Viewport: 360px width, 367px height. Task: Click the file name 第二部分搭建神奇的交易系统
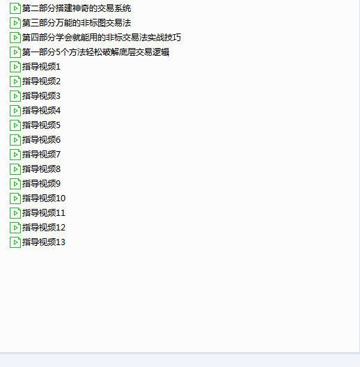tap(77, 8)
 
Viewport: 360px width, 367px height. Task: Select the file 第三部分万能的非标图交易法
tap(77, 23)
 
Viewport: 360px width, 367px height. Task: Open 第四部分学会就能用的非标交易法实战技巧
tap(102, 38)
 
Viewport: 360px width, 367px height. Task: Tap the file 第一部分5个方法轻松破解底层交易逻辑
tap(95, 52)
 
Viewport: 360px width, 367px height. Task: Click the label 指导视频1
tap(41, 67)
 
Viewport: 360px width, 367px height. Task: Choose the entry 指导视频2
tap(41, 81)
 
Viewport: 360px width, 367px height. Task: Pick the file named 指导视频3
tap(41, 96)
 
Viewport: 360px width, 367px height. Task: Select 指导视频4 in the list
tap(41, 111)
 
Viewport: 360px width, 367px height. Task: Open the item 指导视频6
tap(41, 140)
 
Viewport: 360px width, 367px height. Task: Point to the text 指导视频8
tap(41, 169)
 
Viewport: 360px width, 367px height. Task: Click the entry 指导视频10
tap(44, 198)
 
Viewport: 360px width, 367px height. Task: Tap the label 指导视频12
tap(44, 228)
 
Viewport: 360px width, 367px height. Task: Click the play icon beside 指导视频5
tap(15, 125)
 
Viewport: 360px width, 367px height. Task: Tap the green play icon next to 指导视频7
tap(15, 155)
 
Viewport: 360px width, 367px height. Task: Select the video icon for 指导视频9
tap(15, 184)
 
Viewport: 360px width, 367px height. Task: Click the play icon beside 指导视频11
tap(15, 213)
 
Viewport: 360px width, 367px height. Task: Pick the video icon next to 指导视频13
tap(15, 242)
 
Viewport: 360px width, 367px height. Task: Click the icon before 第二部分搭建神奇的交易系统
tap(15, 8)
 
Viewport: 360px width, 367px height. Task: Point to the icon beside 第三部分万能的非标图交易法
tap(15, 23)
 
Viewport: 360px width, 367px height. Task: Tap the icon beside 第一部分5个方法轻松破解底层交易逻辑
tap(15, 52)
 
